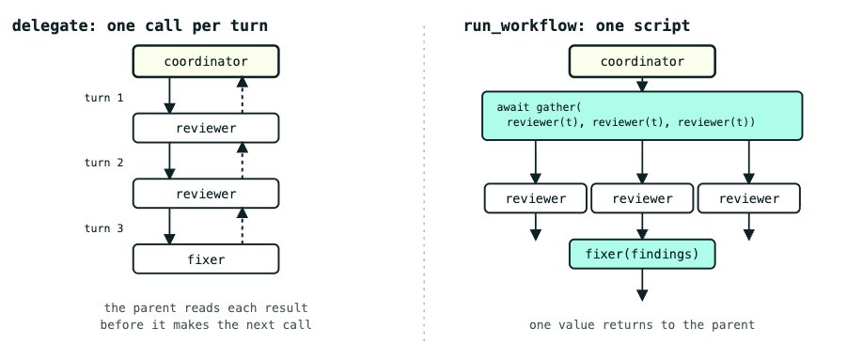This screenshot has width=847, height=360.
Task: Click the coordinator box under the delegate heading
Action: [206, 61]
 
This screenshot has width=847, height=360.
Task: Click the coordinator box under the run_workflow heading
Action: [642, 61]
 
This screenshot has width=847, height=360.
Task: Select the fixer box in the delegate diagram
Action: [206, 259]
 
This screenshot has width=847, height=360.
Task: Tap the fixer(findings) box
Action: [642, 254]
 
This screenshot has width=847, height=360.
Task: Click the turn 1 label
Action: [103, 98]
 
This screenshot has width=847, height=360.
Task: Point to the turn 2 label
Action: [103, 163]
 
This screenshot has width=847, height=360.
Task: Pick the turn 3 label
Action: [103, 228]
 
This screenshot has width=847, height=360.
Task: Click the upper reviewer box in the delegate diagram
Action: [206, 128]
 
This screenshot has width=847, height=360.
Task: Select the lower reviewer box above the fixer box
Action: [206, 194]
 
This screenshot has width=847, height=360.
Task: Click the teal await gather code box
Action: [642, 116]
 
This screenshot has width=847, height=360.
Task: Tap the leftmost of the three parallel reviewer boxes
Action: [535, 198]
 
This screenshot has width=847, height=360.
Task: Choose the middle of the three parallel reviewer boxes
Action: [642, 198]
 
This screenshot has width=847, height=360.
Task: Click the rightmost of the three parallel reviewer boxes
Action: [748, 198]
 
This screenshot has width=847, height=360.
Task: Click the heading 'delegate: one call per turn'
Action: [140, 25]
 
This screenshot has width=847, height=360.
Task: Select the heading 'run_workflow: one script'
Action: [577, 25]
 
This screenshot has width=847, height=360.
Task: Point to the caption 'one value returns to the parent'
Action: [642, 325]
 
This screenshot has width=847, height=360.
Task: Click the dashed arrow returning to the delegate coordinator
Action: [242, 95]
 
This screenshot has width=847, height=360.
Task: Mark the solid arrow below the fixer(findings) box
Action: [642, 285]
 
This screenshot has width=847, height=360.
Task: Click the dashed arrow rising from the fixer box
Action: [242, 227]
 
